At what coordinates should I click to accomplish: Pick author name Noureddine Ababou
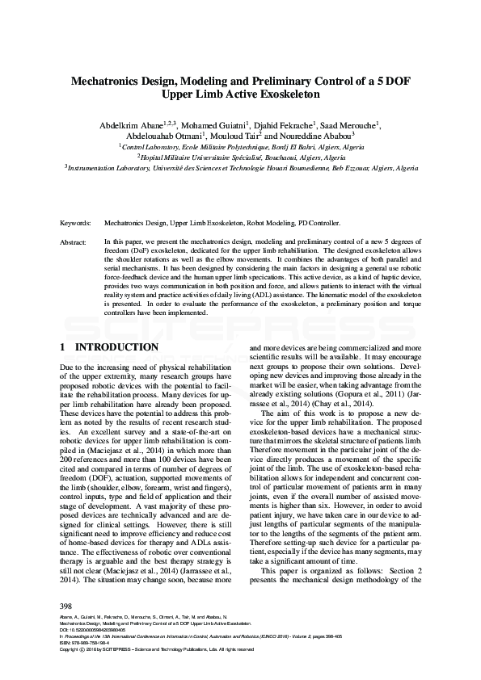(319, 138)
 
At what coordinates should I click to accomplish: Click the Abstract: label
(75, 241)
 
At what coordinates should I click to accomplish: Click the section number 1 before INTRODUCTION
(63, 347)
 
